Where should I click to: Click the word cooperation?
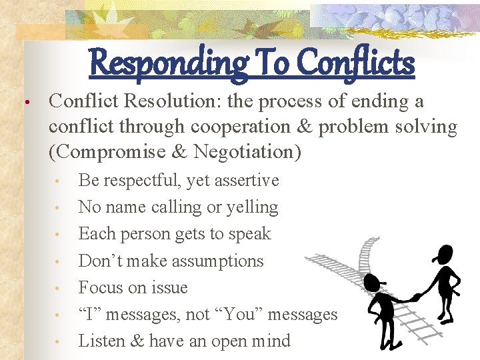point(233,127)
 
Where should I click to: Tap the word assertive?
point(246,181)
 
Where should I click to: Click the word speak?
point(251,234)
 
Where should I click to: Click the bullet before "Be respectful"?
point(59,181)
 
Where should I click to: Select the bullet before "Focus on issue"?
point(59,289)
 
